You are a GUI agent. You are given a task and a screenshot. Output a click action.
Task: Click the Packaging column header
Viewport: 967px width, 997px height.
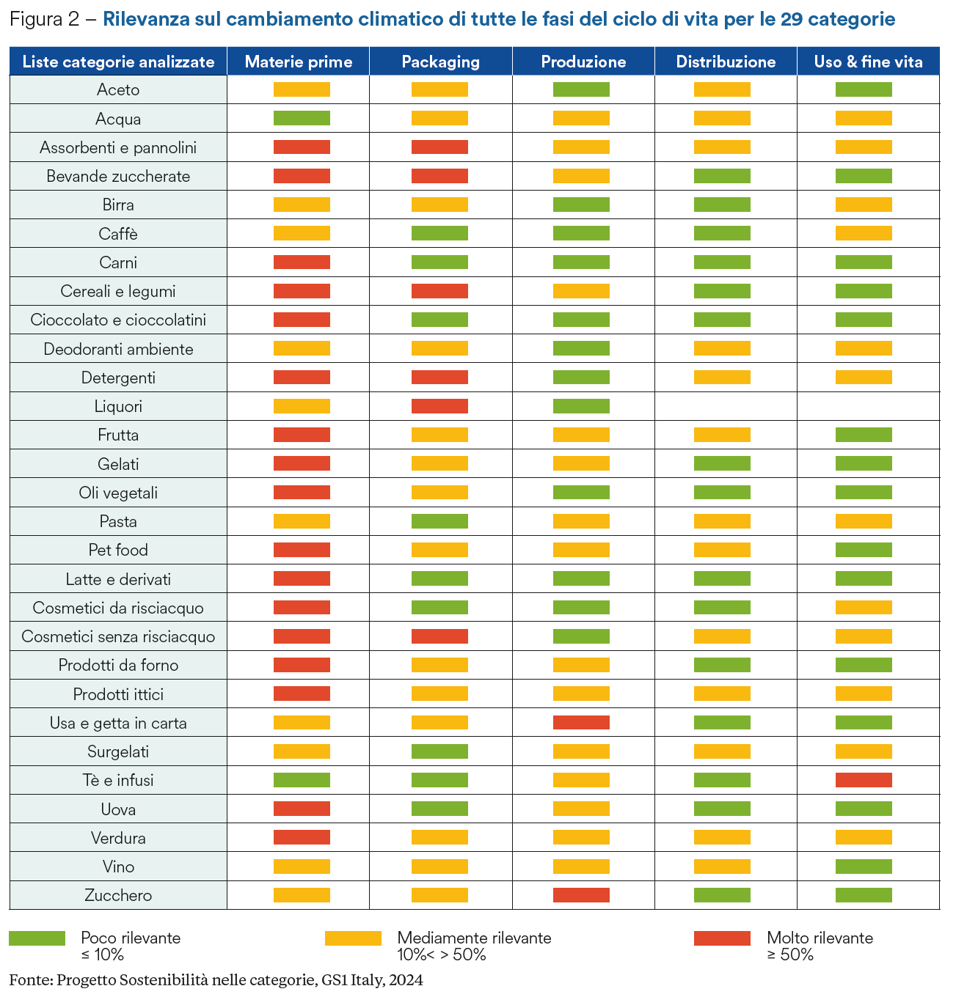(440, 62)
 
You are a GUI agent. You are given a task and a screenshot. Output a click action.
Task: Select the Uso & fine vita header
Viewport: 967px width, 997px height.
(868, 62)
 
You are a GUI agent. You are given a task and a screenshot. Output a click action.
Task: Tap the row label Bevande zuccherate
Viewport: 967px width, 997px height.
(118, 176)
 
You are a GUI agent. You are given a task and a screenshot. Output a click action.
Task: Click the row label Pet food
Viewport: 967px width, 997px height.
(118, 550)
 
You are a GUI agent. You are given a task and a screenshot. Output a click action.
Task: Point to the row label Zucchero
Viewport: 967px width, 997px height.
(118, 895)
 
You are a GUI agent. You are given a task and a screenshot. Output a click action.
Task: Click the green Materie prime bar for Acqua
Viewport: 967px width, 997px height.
(302, 118)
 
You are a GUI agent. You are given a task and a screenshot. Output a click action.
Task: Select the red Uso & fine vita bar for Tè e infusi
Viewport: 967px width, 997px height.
(864, 780)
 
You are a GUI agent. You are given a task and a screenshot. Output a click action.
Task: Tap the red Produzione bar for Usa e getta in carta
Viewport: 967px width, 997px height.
(581, 723)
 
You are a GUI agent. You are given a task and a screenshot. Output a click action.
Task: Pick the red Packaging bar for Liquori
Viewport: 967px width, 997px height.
(439, 406)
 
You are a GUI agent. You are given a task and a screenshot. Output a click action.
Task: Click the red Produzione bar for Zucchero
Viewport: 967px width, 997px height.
(581, 895)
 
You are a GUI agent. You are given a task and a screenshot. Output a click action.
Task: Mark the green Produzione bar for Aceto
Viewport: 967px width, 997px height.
(581, 89)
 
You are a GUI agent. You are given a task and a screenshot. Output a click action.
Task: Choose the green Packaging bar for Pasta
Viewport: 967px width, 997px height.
(439, 521)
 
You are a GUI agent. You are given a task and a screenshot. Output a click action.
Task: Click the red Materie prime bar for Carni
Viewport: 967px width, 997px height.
(302, 262)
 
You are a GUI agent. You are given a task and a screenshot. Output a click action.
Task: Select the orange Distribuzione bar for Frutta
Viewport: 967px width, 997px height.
(722, 435)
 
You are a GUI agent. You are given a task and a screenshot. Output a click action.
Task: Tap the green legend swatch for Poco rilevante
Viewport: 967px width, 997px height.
(37, 938)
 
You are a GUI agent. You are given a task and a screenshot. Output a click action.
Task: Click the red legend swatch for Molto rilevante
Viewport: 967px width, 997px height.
(722, 938)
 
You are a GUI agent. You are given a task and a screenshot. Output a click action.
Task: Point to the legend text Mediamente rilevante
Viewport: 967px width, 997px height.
(474, 938)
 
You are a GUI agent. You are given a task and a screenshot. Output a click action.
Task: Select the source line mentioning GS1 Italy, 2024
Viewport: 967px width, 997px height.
(216, 980)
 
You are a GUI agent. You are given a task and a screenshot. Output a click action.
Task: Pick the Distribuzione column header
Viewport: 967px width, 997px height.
(726, 62)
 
